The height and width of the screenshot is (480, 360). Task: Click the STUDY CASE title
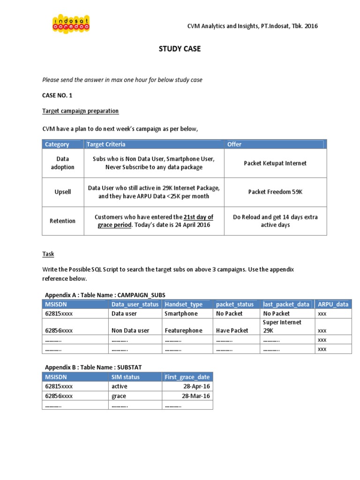click(180, 49)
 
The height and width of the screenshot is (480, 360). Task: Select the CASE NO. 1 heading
click(58, 95)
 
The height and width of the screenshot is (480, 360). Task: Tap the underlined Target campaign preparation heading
click(80, 111)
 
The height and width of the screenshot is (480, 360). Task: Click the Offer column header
click(234, 144)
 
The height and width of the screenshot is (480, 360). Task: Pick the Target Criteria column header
click(106, 144)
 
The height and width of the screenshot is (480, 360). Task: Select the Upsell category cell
click(62, 192)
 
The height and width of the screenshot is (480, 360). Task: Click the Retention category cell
click(62, 221)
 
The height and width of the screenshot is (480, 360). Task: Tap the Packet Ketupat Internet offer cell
click(275, 163)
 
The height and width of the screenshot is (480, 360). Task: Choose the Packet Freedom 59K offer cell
click(275, 192)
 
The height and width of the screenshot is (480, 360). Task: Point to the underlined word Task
click(48, 254)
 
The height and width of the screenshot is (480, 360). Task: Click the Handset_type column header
click(183, 304)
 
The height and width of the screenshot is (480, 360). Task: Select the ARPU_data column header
click(333, 304)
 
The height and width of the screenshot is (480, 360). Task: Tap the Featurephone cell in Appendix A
click(183, 330)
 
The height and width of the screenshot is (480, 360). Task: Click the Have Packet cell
click(232, 330)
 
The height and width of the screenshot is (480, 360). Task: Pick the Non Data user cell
click(130, 330)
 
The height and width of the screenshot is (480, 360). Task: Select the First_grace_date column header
click(187, 377)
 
